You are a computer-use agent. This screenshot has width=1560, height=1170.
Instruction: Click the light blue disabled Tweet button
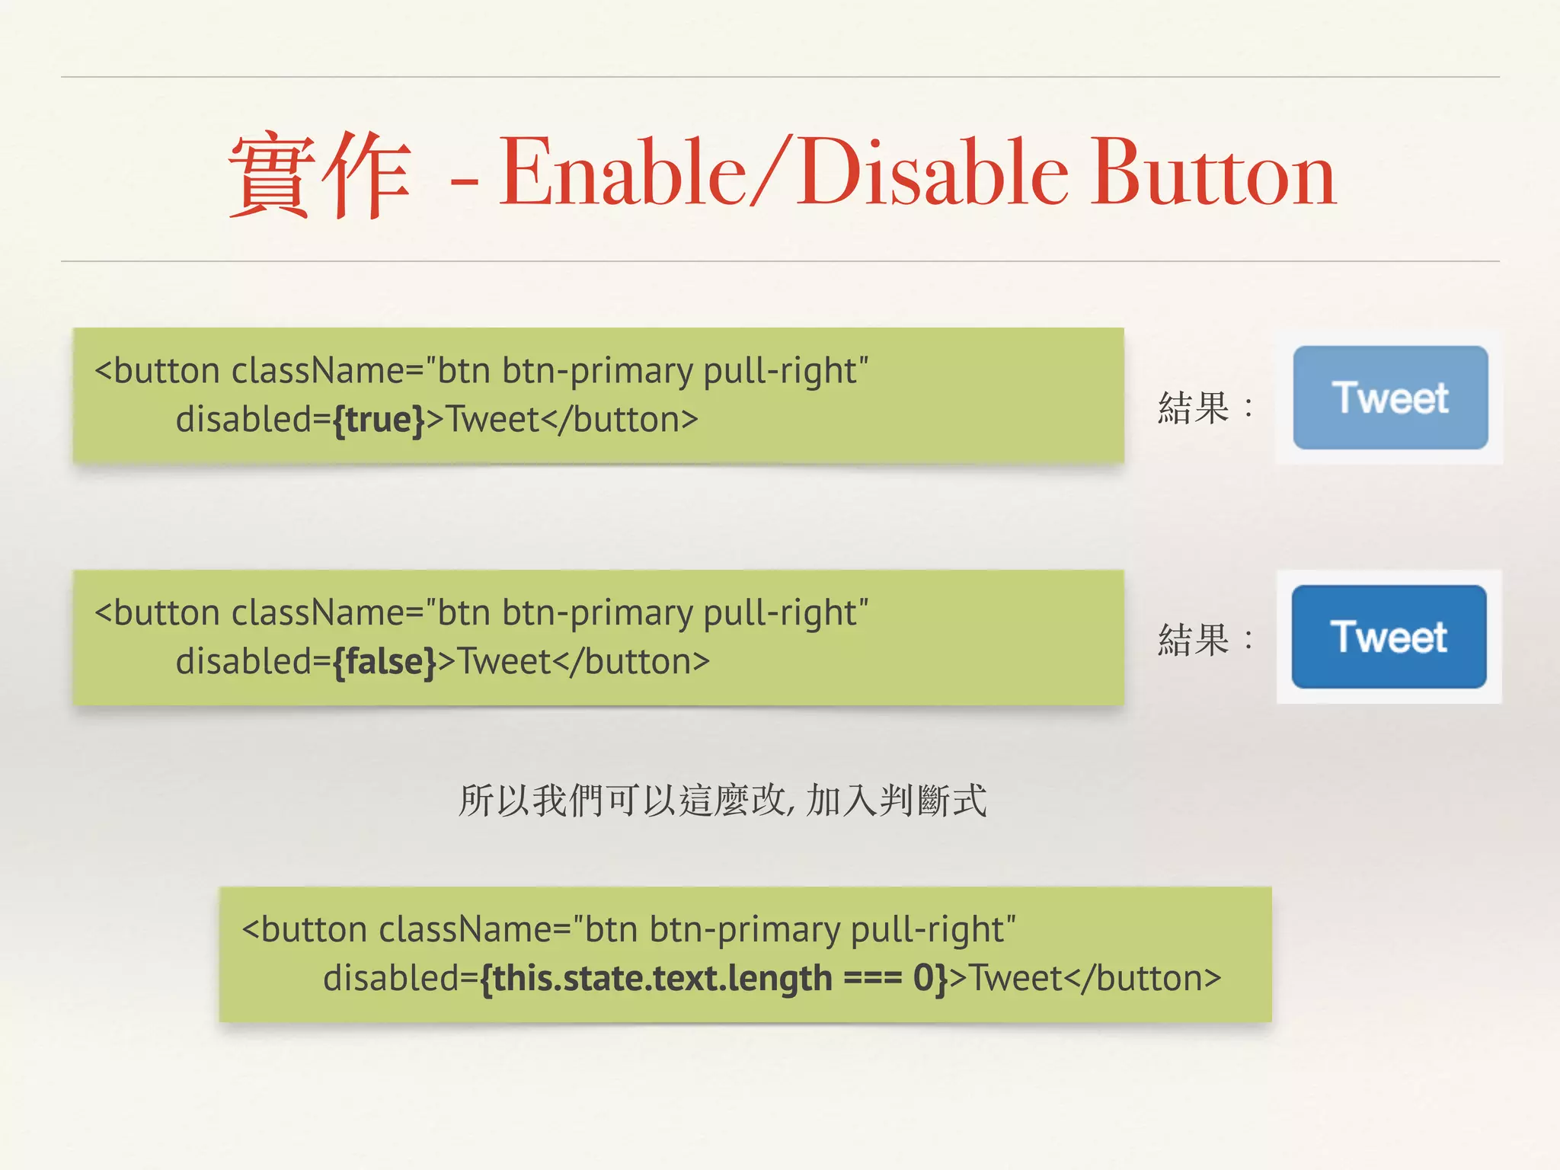(x=1390, y=398)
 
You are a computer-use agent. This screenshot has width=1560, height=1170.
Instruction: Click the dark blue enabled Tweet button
(x=1389, y=637)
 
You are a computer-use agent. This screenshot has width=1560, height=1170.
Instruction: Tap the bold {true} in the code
(x=378, y=420)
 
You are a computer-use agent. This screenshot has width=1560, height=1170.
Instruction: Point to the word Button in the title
(x=1213, y=173)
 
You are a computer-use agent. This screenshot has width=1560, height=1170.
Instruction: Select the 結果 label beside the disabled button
(x=1193, y=408)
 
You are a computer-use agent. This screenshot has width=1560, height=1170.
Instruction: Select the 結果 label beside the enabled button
(x=1193, y=640)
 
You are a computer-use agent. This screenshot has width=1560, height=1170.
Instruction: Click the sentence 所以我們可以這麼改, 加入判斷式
(x=722, y=801)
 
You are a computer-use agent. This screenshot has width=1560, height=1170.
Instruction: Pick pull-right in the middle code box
(x=785, y=613)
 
